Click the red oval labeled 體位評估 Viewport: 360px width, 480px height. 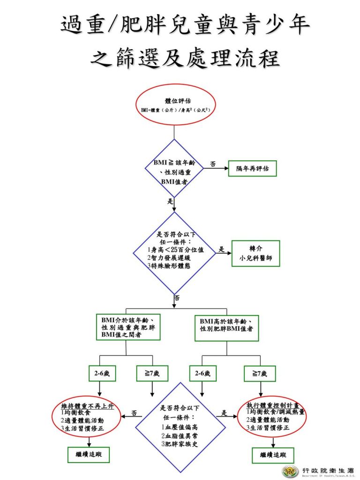click(175, 105)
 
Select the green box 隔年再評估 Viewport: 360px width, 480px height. click(252, 168)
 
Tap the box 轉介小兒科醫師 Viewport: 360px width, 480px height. click(255, 253)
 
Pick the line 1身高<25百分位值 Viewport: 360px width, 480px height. click(175, 250)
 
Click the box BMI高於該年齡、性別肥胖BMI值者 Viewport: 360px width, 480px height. click(227, 326)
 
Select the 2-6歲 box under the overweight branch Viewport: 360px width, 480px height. click(102, 374)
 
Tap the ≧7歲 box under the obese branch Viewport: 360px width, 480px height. click(260, 374)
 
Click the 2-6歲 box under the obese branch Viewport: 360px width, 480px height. click(202, 374)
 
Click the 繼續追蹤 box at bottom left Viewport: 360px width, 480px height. click(89, 454)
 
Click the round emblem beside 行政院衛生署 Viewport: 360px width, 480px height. click(290, 471)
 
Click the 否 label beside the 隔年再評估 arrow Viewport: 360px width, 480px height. click(213, 164)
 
